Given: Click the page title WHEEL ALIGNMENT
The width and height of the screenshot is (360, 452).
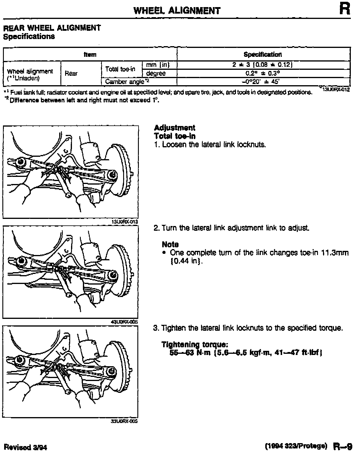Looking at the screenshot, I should pyautogui.click(x=177, y=11).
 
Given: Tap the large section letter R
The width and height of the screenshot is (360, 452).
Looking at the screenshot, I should pyautogui.click(x=345, y=9).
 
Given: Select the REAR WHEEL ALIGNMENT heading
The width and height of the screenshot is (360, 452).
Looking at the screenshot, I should pyautogui.click(x=52, y=28).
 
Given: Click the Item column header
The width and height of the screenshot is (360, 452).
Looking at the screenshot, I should pyautogui.click(x=90, y=54).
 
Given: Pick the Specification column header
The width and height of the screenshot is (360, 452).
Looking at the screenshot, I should pyautogui.click(x=263, y=54).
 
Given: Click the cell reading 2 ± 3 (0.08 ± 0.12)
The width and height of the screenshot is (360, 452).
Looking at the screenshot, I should pyautogui.click(x=263, y=65).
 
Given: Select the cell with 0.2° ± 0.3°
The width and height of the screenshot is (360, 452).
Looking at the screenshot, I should pyautogui.click(x=263, y=73).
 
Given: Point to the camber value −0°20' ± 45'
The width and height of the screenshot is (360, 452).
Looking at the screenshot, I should pyautogui.click(x=263, y=81).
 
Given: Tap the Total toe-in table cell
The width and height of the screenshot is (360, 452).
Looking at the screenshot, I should pyautogui.click(x=120, y=69).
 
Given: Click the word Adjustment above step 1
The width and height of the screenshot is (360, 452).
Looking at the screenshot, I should pyautogui.click(x=174, y=128).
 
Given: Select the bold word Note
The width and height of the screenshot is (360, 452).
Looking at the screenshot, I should pyautogui.click(x=170, y=244).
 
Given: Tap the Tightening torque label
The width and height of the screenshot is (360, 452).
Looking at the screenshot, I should pyautogui.click(x=195, y=345).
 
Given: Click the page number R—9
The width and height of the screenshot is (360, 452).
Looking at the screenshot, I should pyautogui.click(x=342, y=445).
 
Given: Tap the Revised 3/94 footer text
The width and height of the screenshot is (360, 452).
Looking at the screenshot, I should pyautogui.click(x=25, y=447).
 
